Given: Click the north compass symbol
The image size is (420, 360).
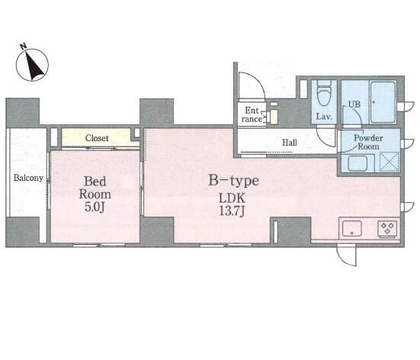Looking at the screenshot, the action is click(x=32, y=65).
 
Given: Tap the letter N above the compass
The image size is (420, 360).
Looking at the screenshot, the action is click(x=24, y=47).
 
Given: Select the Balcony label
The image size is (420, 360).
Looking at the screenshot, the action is click(x=28, y=178).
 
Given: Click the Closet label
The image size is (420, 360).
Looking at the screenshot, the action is click(x=97, y=138).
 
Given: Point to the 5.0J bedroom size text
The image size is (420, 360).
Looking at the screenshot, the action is click(x=95, y=207).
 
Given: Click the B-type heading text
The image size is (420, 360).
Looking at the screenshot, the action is click(x=233, y=181).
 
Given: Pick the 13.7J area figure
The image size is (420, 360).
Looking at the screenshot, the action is click(x=232, y=211).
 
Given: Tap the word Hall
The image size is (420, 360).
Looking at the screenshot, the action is click(x=290, y=143).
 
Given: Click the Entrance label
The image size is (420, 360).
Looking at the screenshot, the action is click(x=252, y=114).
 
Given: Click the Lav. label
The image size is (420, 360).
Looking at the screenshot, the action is click(x=324, y=117).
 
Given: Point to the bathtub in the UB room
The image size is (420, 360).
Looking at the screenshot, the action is click(x=383, y=102).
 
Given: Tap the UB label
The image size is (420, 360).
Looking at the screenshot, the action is click(x=354, y=104).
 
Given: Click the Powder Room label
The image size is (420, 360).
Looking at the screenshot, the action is click(x=369, y=142).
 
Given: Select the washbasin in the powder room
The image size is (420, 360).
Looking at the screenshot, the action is click(x=357, y=162).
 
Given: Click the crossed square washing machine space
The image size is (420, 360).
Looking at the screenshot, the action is click(x=390, y=162).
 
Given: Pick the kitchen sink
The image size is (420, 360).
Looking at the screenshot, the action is click(x=352, y=229).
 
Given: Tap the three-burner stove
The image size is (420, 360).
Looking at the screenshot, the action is click(x=387, y=228).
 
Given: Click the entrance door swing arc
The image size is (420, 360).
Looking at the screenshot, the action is click(x=257, y=80).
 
